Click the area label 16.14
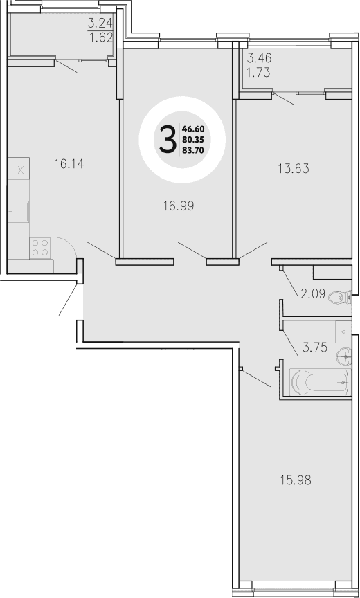tap(68, 165)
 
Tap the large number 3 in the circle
tap(167, 141)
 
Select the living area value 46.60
tap(191, 129)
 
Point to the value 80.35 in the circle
tap(191, 141)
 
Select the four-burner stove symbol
tap(39, 248)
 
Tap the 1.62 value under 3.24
tap(100, 38)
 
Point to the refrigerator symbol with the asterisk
tap(19, 170)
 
